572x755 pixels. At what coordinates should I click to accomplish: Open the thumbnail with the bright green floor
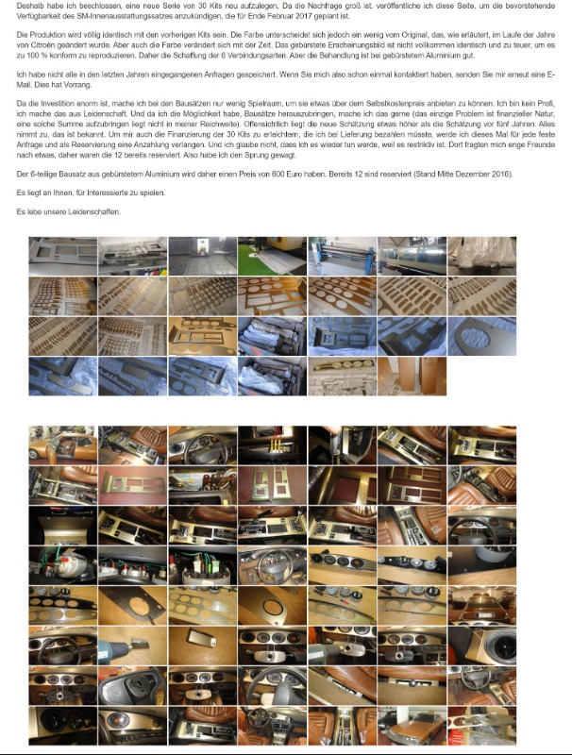(x=272, y=256)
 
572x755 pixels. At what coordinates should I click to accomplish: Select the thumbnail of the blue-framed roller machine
(x=343, y=256)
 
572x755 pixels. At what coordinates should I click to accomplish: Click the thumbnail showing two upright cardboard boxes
(x=412, y=376)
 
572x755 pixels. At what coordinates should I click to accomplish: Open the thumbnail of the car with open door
(x=62, y=445)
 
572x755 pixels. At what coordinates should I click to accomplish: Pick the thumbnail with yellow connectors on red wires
(x=272, y=445)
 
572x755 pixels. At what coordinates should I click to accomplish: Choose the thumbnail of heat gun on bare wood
(x=132, y=646)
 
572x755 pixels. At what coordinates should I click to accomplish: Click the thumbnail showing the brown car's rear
(x=482, y=606)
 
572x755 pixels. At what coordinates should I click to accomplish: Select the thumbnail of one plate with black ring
(x=272, y=606)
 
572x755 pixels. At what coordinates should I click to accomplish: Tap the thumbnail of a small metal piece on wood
(x=202, y=646)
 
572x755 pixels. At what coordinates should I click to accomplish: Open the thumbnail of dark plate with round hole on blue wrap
(x=482, y=336)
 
